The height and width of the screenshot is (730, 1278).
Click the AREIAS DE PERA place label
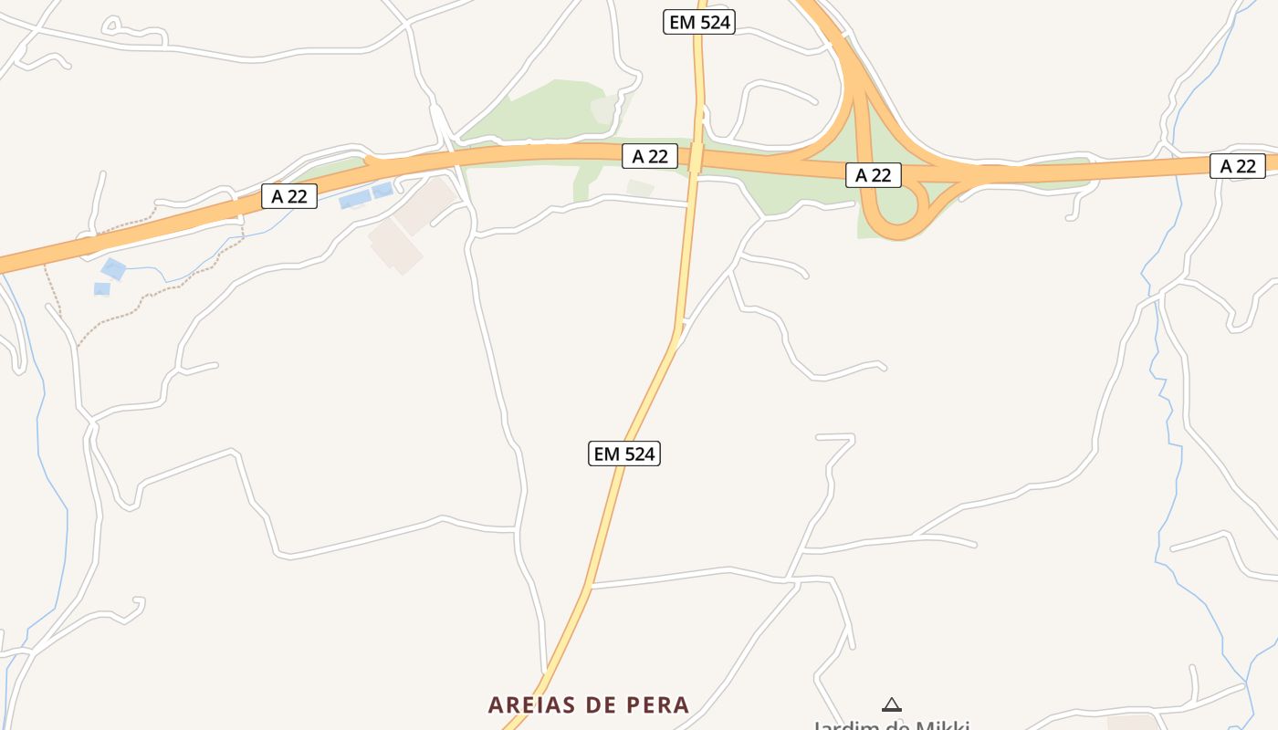[589, 705]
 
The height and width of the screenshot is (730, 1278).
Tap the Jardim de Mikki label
[891, 725]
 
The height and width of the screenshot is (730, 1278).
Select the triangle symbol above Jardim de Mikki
[892, 704]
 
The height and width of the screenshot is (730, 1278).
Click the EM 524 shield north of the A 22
[699, 22]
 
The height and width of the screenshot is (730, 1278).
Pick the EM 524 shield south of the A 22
[624, 454]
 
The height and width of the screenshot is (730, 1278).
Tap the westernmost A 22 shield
[289, 196]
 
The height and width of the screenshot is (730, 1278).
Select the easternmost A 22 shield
[1238, 166]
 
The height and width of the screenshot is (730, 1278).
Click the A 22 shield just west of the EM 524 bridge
[650, 156]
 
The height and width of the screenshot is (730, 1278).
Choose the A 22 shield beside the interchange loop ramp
[874, 175]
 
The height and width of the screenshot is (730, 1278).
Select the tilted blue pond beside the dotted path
[113, 269]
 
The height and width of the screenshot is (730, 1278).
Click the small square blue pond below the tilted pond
[101, 289]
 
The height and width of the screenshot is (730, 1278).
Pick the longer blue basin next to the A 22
[355, 199]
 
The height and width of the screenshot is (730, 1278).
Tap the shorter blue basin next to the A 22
[382, 191]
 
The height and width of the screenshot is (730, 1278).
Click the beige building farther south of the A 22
[395, 245]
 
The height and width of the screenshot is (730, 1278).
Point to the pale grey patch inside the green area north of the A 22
[604, 110]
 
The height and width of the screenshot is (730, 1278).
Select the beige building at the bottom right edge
[1132, 723]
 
